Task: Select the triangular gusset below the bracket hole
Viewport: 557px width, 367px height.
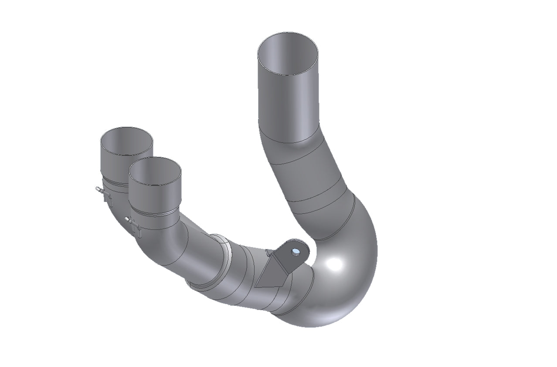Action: coord(272,272)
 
